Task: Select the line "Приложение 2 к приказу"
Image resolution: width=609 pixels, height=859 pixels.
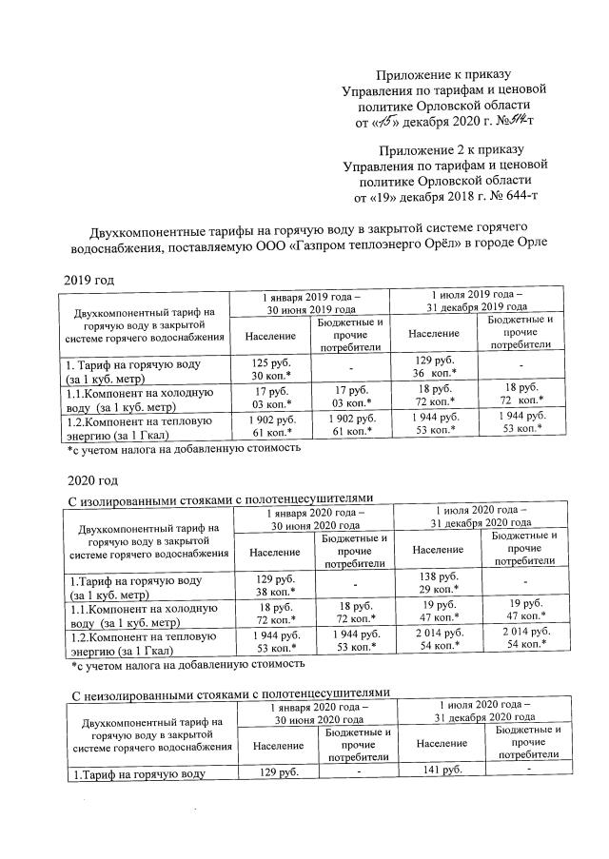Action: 445,150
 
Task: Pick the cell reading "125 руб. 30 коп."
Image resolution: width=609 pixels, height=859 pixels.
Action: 271,370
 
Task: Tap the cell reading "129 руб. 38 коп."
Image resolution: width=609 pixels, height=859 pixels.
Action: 272,584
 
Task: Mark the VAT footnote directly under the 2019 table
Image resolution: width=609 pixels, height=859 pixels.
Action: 183,446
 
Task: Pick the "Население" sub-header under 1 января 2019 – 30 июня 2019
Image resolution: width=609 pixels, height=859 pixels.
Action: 271,337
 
